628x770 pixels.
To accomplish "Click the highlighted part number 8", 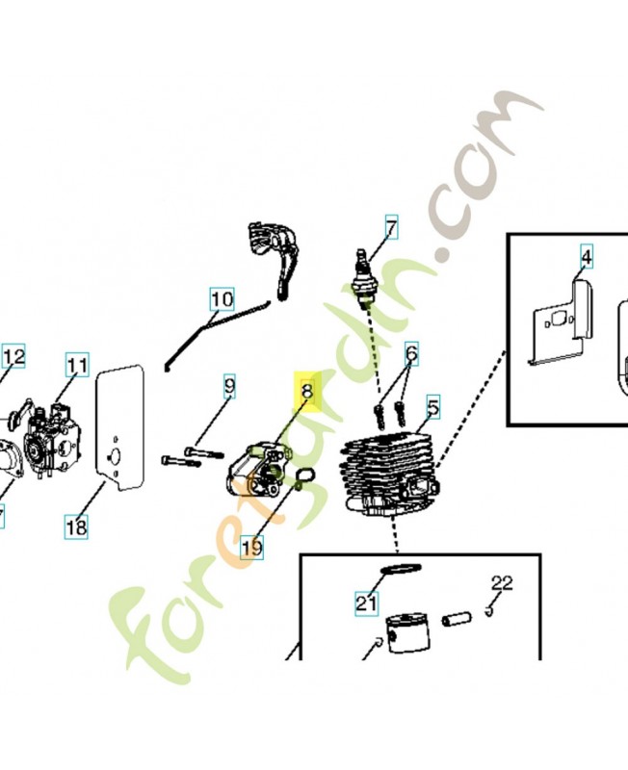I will [307, 392].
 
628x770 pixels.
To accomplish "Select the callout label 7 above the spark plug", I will [391, 228].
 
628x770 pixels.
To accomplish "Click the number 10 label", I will [222, 299].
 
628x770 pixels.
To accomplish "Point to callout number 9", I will [229, 388].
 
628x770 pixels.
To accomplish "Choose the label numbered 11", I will [77, 366].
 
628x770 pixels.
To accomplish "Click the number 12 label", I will [13, 358].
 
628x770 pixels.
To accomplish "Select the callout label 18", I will [76, 526].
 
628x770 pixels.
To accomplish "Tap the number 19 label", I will [251, 548].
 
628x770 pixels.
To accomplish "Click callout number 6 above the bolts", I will [411, 354].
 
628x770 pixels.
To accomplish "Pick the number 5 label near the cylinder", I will [432, 407].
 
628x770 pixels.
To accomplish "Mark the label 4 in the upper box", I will [586, 256].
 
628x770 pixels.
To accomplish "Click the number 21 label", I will [366, 603].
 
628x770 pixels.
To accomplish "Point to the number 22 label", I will [502, 582].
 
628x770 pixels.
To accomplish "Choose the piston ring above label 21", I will [396, 570].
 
